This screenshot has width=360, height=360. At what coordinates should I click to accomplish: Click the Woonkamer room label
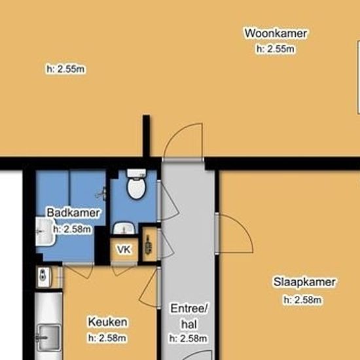coord(276,33)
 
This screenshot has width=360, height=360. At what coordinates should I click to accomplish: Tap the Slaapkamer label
coord(304,282)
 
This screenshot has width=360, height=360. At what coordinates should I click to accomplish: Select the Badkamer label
coord(73,213)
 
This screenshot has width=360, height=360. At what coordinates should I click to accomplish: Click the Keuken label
coord(107,322)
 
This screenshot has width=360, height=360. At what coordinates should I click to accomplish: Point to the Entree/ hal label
coord(189,316)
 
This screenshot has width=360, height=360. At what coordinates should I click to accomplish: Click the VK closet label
coord(124,249)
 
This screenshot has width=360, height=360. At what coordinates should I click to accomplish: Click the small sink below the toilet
coord(124,228)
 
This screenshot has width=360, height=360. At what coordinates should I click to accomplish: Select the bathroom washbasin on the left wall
coord(45,232)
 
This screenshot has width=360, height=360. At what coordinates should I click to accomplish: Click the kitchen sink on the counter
coord(49,337)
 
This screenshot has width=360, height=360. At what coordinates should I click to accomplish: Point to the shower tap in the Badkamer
coord(101,194)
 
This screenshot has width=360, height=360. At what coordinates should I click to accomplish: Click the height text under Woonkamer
coord(276,49)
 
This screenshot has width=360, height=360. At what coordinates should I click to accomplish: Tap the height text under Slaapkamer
coord(302,300)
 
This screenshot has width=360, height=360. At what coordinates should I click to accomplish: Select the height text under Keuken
coord(107,338)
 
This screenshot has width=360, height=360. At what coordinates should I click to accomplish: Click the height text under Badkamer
coord(72,229)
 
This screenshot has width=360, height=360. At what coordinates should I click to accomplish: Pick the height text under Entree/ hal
coord(189,338)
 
